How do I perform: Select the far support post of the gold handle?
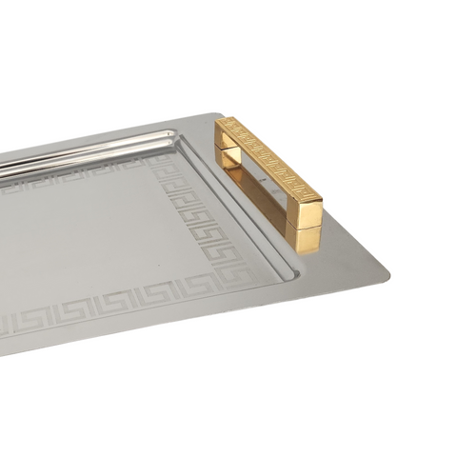225,151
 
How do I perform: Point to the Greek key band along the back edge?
76,179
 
